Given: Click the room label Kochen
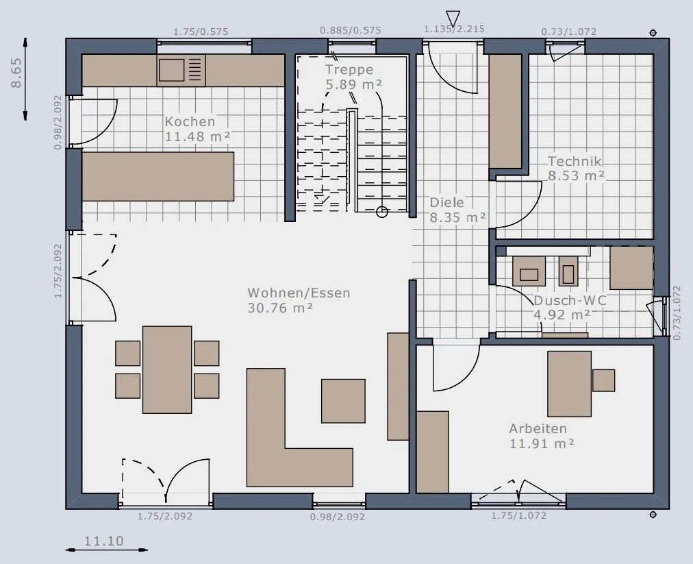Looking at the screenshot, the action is tap(190, 121).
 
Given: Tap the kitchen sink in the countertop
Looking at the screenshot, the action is tap(171, 71).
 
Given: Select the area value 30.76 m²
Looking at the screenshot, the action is tap(280, 308).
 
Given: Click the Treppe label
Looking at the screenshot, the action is tap(349, 69).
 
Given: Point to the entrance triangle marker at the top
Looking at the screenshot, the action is tap(453, 19).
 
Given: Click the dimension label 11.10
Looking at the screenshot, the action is tap(104, 541).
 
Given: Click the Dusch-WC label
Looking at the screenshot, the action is tap(570, 300).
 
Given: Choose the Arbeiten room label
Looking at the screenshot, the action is tap(538, 428).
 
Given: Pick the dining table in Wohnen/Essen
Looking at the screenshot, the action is tap(167, 370).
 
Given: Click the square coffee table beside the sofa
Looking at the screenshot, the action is tap(343, 401).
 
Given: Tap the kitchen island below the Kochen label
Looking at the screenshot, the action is tap(157, 177).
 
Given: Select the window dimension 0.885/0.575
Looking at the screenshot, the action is tap(351, 31).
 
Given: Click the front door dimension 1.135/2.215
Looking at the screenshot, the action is tap(454, 29).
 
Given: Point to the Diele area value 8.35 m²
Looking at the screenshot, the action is tap(458, 218).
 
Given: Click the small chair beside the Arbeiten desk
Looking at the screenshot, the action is tap(604, 380).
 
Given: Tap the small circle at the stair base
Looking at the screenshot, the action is tap(382, 212).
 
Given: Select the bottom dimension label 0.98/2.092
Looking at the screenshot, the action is tap(337, 517).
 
